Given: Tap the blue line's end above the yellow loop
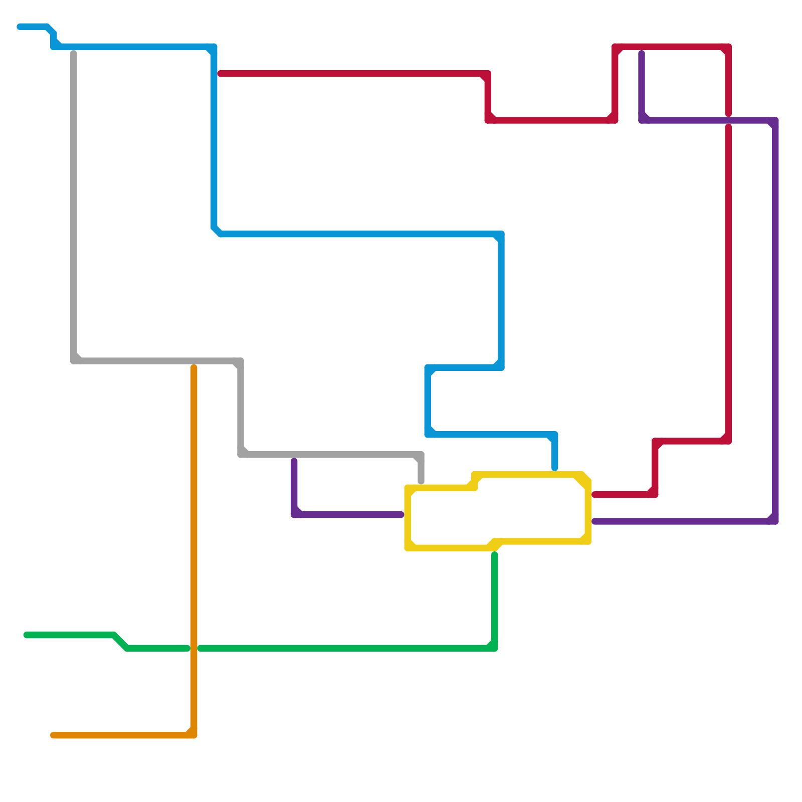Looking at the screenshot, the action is click(555, 468).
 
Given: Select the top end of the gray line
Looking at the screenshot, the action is click(74, 53).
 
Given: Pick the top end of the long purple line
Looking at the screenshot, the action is click(642, 53).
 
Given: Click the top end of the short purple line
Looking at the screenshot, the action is click(294, 461).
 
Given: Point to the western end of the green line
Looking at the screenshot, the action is click(26, 635).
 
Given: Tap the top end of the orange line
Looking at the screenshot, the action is click(194, 368).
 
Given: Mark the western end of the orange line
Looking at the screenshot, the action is click(53, 735).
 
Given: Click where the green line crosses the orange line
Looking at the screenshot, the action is click(194, 649).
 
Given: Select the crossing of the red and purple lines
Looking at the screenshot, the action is click(728, 120).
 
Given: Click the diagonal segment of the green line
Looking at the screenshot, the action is click(121, 642).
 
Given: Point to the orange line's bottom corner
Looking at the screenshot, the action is click(193, 735).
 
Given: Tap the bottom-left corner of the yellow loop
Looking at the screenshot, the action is click(408, 547).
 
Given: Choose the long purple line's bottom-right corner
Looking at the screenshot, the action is click(775, 521).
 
